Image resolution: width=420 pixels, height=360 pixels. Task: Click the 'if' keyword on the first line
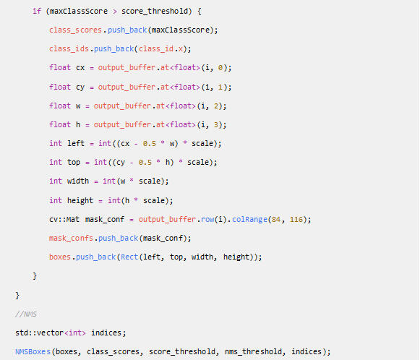coord(37,12)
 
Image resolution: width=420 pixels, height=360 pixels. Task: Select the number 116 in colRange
coord(296,220)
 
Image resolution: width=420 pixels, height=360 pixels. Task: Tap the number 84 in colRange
coord(276,220)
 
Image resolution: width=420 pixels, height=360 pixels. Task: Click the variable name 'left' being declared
coord(76,143)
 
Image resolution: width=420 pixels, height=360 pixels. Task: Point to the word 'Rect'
coord(129,257)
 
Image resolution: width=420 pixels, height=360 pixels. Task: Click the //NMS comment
coord(26,314)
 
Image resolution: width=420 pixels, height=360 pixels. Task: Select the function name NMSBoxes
coord(33,351)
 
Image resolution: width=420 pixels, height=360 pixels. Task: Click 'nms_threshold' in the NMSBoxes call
coord(254,351)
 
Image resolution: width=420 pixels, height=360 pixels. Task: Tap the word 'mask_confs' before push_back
coord(71,238)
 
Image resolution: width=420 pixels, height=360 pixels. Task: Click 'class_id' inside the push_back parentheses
coord(156,48)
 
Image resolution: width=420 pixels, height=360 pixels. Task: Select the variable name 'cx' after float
coord(80,67)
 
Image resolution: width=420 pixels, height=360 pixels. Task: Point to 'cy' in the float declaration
coord(80,87)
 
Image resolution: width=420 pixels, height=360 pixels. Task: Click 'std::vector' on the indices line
coord(40,333)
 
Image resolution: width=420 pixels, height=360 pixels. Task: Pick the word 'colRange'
coord(249,220)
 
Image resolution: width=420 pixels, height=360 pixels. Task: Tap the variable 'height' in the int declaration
coord(80,201)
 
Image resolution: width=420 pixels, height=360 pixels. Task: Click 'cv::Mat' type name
coord(64,220)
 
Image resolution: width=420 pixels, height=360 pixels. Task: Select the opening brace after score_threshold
coord(200,12)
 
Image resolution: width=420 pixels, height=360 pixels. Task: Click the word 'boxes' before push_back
coord(60,257)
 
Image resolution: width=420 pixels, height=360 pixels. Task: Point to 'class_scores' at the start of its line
coord(75,30)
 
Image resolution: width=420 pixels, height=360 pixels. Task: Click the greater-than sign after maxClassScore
coord(115,12)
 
